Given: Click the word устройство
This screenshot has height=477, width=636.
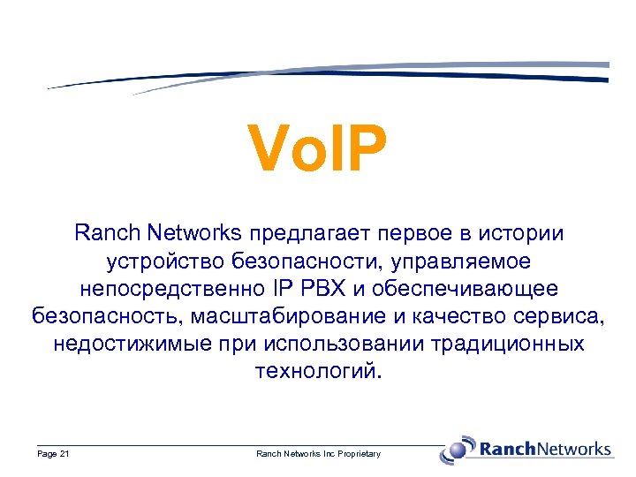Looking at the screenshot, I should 165,261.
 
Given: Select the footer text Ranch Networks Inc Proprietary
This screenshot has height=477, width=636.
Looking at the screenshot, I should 318,454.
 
